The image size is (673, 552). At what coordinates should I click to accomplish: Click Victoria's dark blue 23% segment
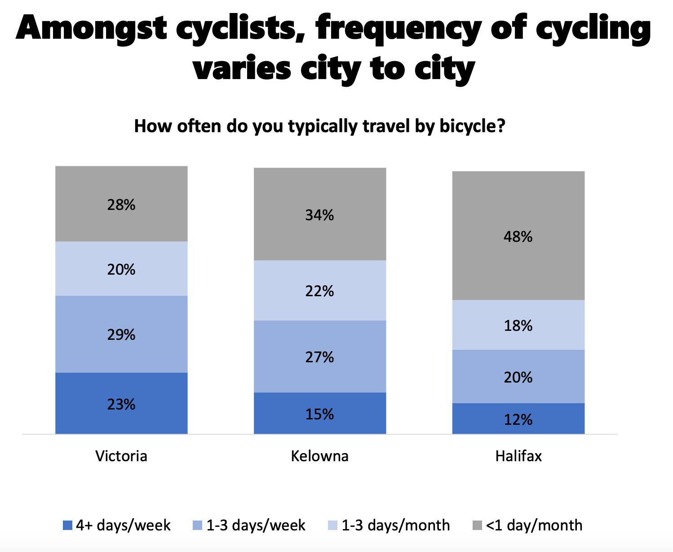(121, 403)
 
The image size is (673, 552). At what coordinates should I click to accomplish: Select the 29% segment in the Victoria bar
(121, 334)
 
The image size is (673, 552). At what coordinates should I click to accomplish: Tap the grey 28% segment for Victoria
(121, 204)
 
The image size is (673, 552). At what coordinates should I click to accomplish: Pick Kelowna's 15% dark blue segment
(320, 413)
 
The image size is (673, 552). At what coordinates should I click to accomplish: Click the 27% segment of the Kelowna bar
(320, 356)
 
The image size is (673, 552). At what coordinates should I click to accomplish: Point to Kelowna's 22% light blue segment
(320, 290)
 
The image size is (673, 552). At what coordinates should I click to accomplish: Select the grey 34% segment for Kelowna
(320, 214)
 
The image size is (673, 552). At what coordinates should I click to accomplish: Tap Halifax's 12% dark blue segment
(518, 418)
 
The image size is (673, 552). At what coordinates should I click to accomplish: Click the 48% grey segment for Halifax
(518, 236)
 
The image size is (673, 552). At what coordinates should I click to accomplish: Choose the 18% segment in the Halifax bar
(518, 325)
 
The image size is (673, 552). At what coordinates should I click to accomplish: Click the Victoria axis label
(121, 456)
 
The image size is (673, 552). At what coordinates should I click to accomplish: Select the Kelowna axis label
(320, 456)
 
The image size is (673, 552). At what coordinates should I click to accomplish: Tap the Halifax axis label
(518, 456)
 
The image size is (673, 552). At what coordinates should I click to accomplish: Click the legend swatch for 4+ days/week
(67, 525)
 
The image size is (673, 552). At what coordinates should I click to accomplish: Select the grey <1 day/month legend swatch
(478, 525)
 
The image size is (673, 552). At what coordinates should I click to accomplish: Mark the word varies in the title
(242, 70)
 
